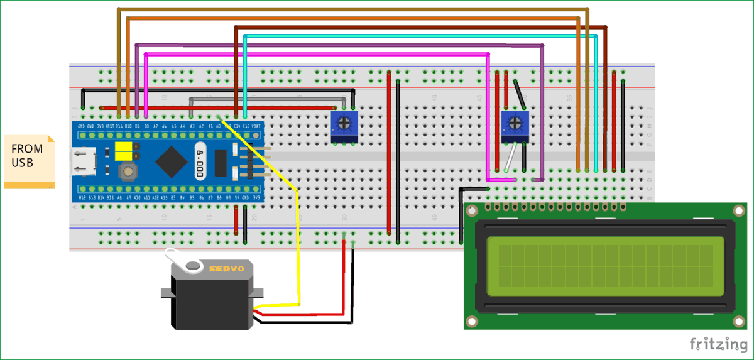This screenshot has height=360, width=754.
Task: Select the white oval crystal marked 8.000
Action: pyautogui.click(x=200, y=162)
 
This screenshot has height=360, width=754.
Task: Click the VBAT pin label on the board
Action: pyautogui.click(x=256, y=126)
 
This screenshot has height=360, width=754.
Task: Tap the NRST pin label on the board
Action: pyautogui.click(x=109, y=126)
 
